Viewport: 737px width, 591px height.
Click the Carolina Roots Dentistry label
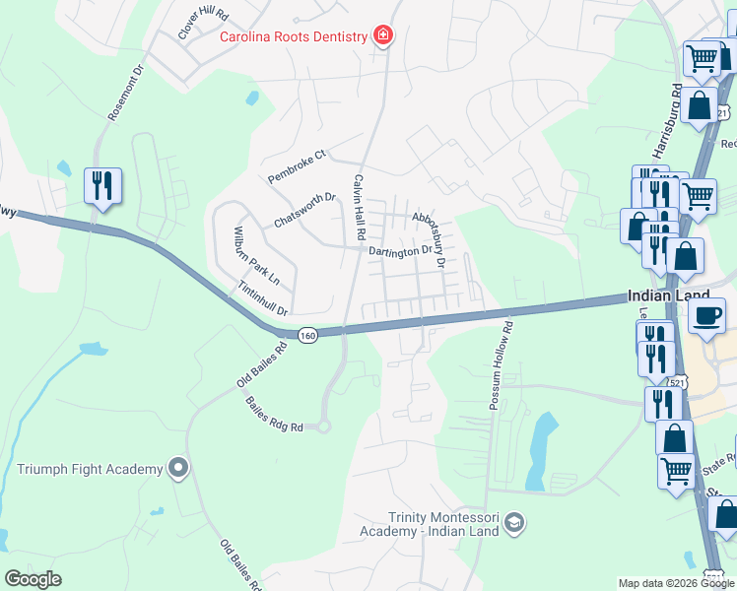[292, 37]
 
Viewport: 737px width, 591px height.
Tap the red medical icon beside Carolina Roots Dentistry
[382, 37]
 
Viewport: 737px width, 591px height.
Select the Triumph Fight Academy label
[90, 469]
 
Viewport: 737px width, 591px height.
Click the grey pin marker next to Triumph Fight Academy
[178, 468]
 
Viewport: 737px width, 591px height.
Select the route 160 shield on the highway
[308, 335]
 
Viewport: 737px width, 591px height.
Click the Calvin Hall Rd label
[359, 209]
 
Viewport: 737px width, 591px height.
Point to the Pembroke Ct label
[297, 166]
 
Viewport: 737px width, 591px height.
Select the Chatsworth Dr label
[305, 210]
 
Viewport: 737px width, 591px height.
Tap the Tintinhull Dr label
[262, 298]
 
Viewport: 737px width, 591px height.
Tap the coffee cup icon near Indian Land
[707, 317]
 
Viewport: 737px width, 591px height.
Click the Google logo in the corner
[33, 579]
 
